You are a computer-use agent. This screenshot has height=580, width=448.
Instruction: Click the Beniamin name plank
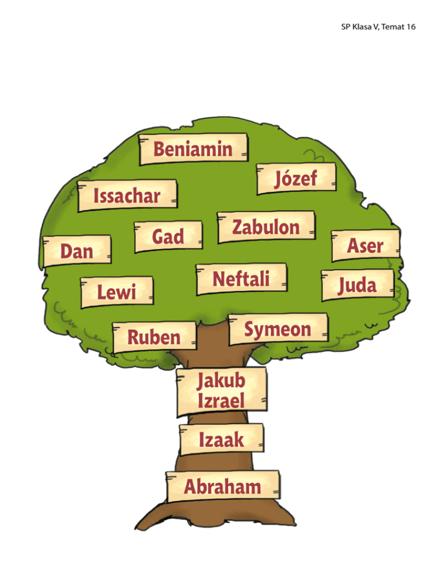pyautogui.click(x=193, y=149)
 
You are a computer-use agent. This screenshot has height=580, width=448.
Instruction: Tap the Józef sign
pyautogui.click(x=296, y=177)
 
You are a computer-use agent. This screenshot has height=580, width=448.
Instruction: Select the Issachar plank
pyautogui.click(x=127, y=195)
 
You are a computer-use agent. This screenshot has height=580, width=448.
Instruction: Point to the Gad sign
pyautogui.click(x=168, y=236)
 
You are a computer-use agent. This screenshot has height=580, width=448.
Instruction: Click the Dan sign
pyautogui.click(x=77, y=251)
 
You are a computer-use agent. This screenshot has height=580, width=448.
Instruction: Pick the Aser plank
pyautogui.click(x=365, y=245)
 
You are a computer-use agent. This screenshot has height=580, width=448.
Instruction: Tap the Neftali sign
pyautogui.click(x=242, y=278)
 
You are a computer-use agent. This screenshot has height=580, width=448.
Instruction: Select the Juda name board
pyautogui.click(x=358, y=286)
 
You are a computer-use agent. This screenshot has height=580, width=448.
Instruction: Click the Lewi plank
pyautogui.click(x=116, y=291)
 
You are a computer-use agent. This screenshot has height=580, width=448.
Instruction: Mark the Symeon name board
pyautogui.click(x=278, y=329)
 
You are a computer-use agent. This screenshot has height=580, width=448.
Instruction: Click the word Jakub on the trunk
pyautogui.click(x=220, y=382)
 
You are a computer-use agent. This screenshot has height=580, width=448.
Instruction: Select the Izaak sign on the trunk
pyautogui.click(x=221, y=440)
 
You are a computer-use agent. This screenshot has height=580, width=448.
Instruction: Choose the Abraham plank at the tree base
pyautogui.click(x=222, y=485)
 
